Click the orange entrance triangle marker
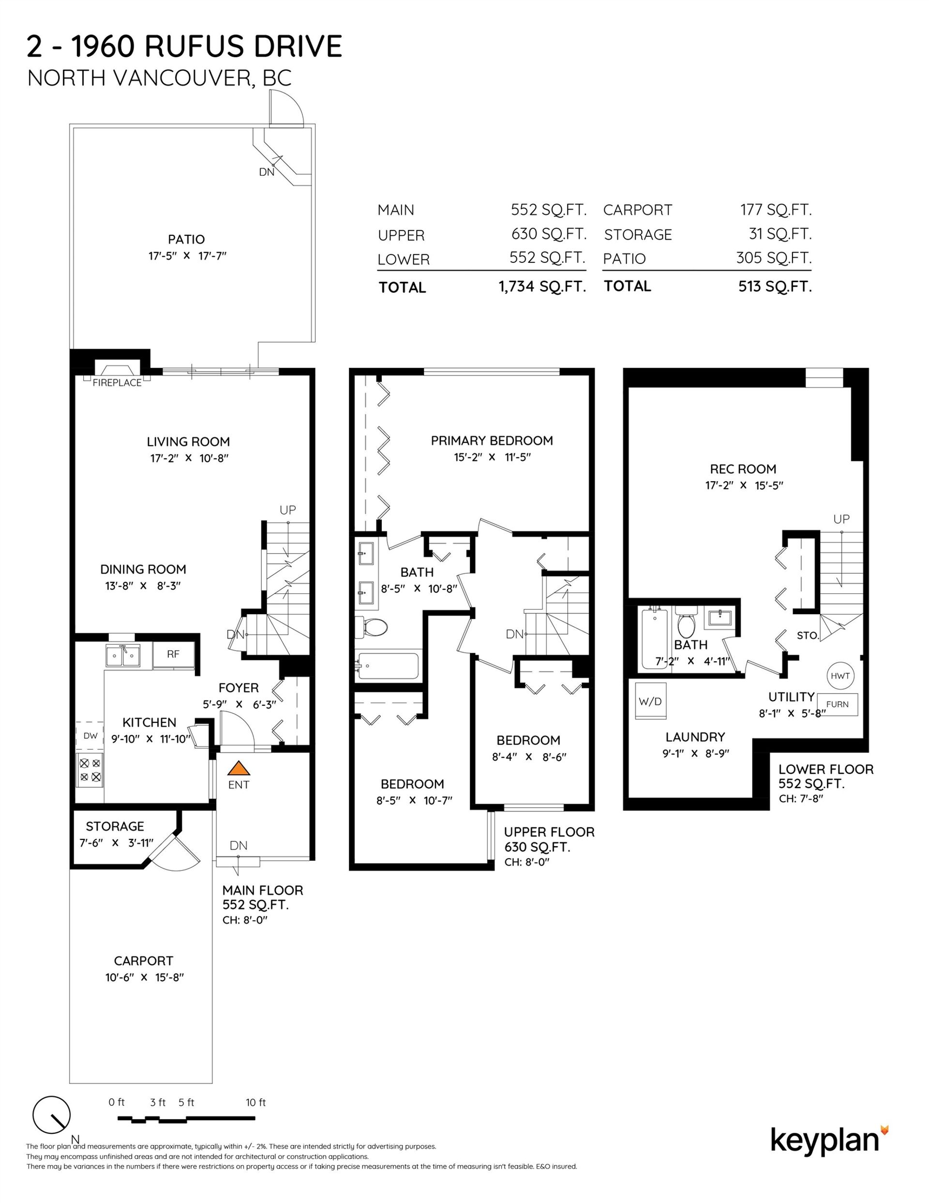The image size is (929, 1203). point(239,768)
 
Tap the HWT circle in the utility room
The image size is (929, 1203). point(840,676)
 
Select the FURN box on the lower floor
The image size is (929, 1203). point(837,704)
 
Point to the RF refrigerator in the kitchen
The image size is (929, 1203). point(174,655)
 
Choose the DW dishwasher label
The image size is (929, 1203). point(90,736)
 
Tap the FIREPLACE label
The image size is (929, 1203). point(117,383)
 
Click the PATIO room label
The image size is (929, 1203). point(186,240)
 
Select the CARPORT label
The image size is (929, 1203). point(143,961)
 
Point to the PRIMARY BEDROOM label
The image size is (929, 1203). point(492,441)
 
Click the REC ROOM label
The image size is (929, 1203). point(743,469)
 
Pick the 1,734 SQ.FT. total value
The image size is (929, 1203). point(542,287)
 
